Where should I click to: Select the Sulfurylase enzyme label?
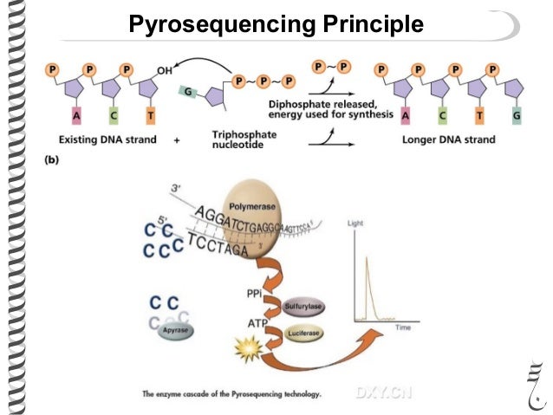pyautogui.click(x=305, y=307)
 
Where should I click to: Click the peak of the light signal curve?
pyautogui.click(x=368, y=259)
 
